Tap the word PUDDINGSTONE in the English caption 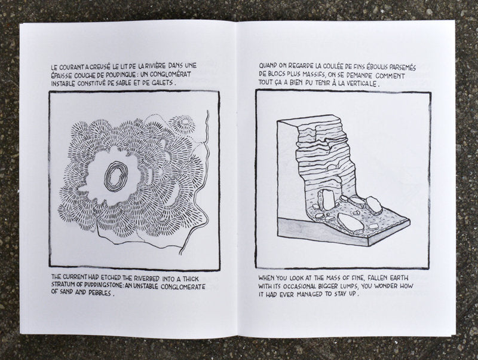point(97,287)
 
